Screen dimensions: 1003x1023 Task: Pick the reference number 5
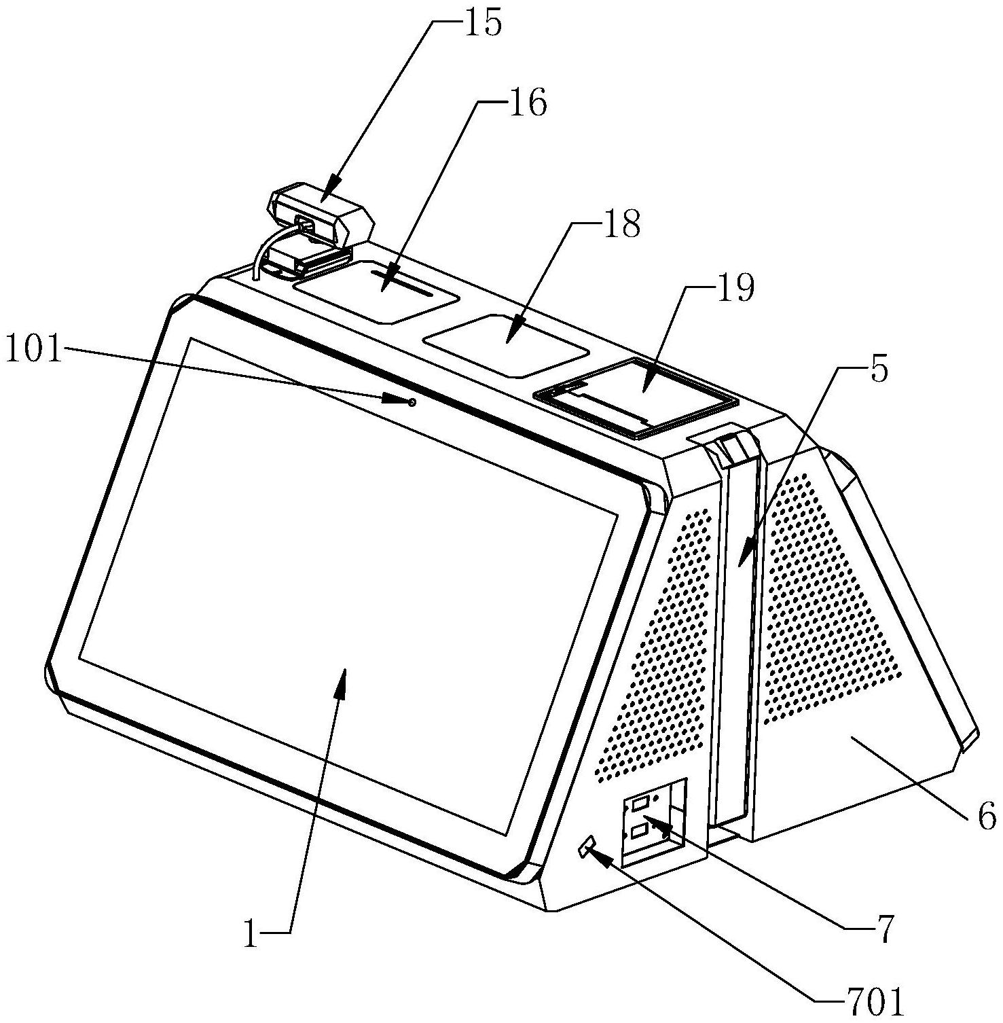pos(879,372)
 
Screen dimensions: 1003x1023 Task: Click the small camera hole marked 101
pos(412,403)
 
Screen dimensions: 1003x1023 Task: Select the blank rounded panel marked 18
pos(506,343)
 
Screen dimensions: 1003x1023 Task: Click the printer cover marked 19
pos(638,397)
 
